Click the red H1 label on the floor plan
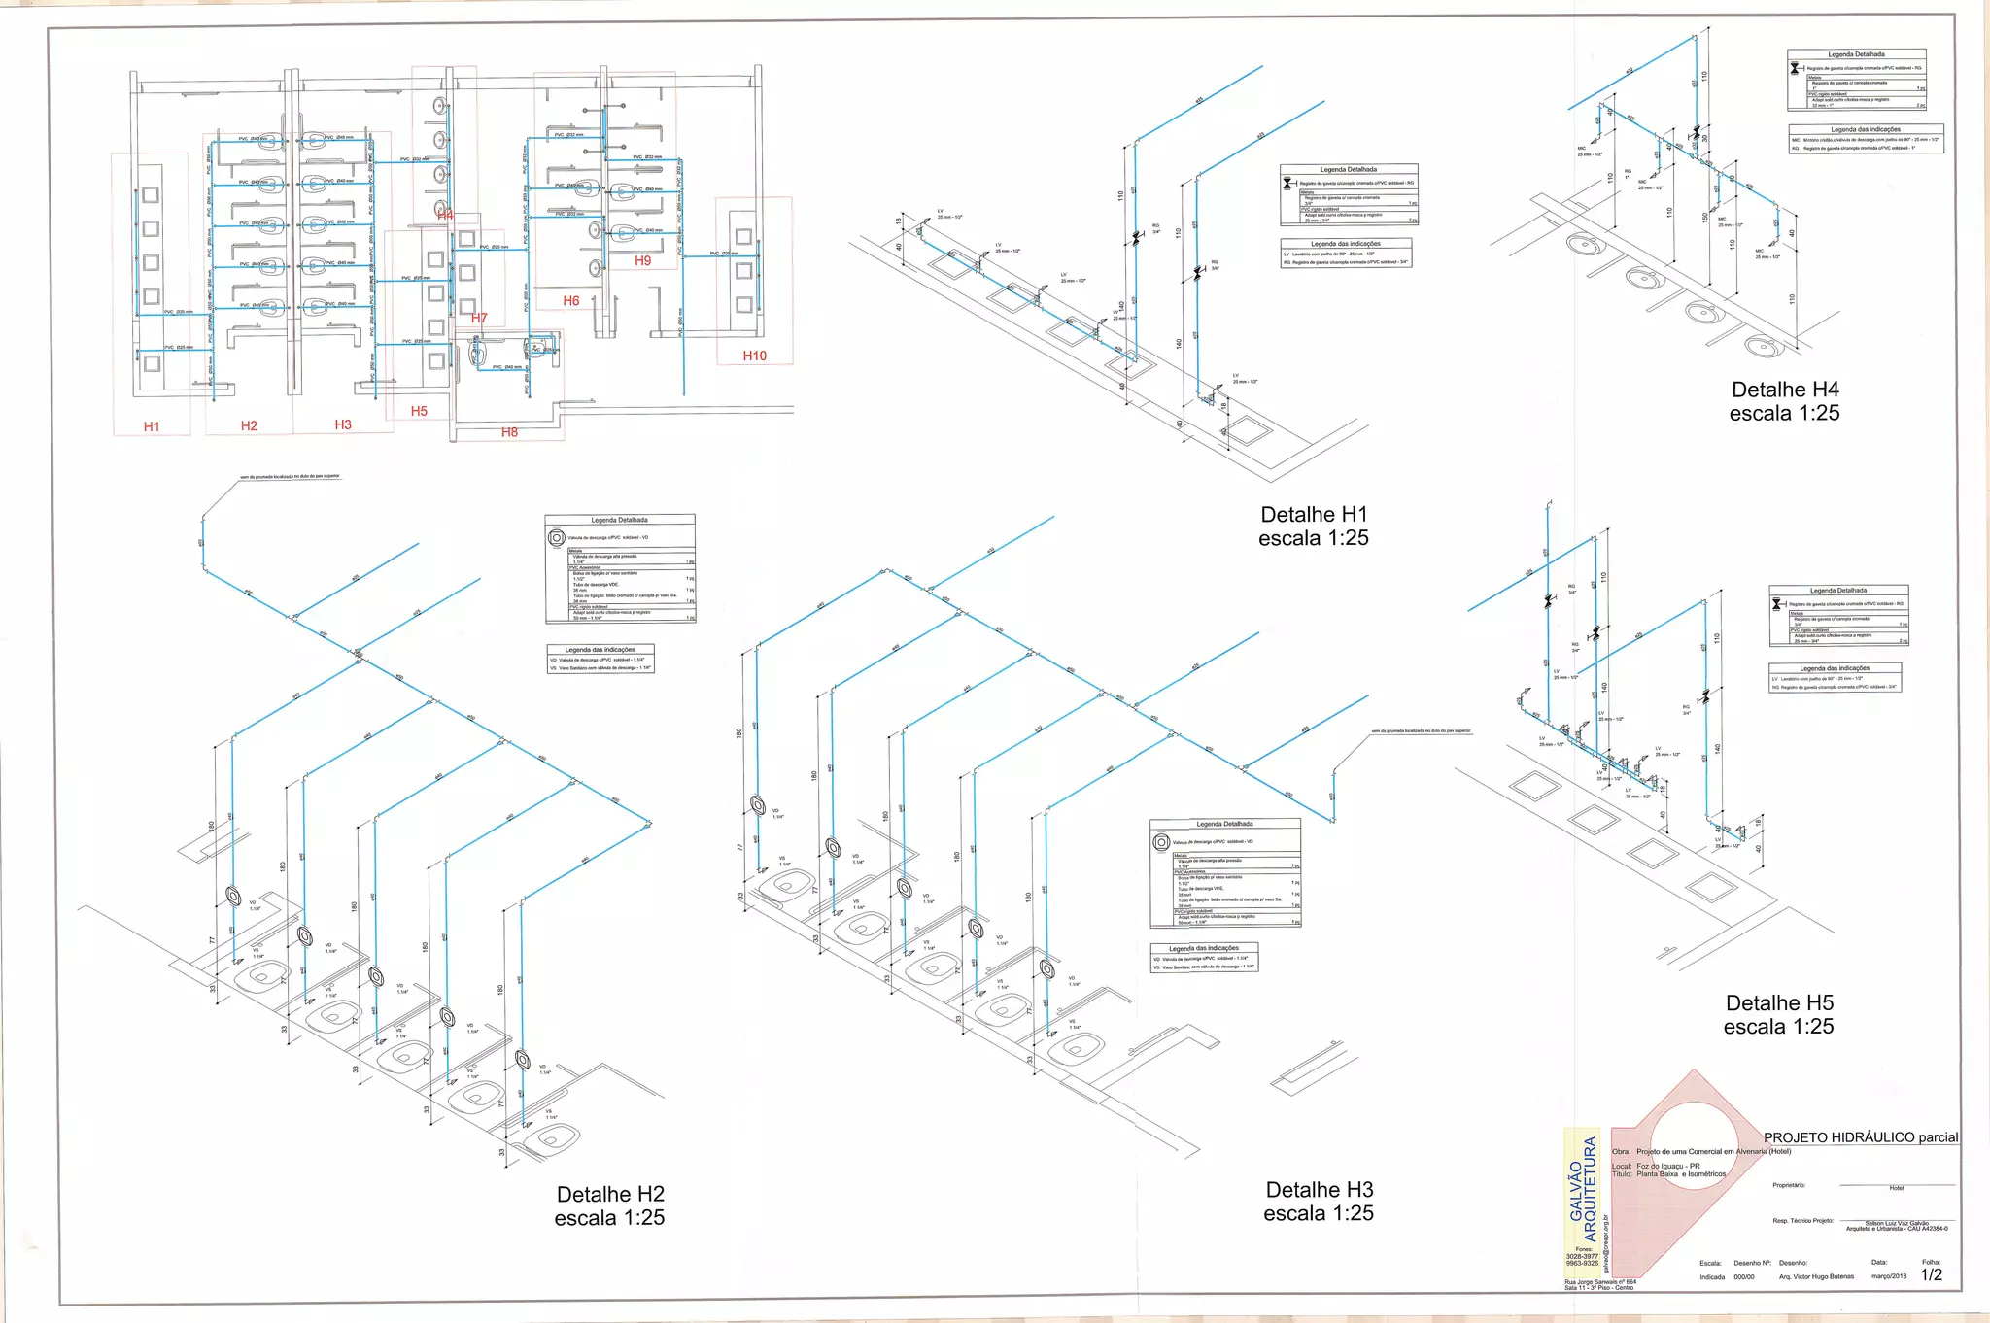152,427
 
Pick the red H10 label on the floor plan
754,356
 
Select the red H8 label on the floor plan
509,432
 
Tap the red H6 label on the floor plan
571,301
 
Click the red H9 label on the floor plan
642,260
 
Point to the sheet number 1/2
1931,1275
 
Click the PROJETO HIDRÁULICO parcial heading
1860,1137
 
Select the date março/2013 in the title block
1888,1276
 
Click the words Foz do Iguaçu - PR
1667,1166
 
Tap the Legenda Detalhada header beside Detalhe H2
620,520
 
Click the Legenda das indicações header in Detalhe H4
1865,129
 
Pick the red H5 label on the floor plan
419,411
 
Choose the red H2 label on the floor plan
249,426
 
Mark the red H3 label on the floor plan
343,424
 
